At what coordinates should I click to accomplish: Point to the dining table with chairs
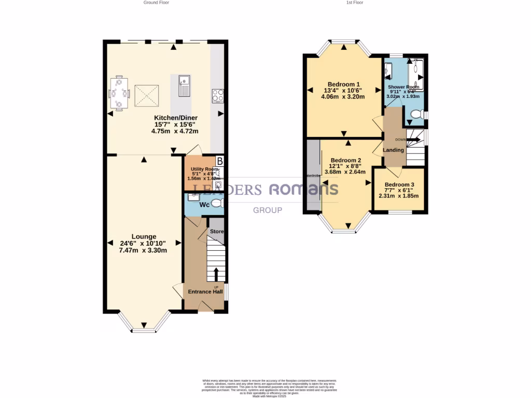(119, 93)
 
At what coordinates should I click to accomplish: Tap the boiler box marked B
(220, 161)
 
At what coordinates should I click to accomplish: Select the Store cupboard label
(216, 231)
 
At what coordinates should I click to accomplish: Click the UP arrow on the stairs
(216, 274)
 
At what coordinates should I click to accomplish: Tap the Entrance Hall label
(205, 292)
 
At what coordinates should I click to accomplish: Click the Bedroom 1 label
(343, 84)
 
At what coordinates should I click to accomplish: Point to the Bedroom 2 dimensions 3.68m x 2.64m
(345, 172)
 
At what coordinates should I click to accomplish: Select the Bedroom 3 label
(399, 185)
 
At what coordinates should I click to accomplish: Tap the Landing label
(394, 150)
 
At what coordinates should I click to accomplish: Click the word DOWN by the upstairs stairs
(400, 139)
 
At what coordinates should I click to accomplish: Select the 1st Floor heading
(355, 3)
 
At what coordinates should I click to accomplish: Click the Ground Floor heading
(156, 3)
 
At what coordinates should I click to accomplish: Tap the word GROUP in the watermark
(267, 210)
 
